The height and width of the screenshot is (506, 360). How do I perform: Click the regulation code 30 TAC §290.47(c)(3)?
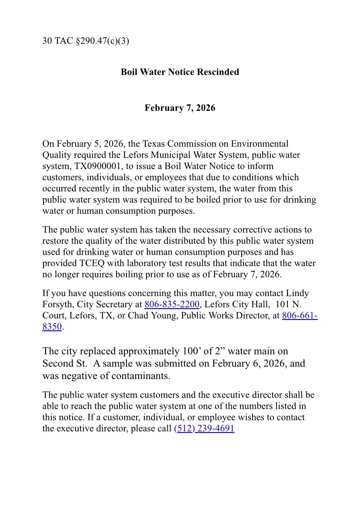(86, 41)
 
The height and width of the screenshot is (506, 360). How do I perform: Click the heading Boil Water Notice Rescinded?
(180, 72)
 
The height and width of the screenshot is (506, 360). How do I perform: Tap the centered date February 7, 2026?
(180, 108)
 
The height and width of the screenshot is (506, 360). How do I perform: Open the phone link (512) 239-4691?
(204, 429)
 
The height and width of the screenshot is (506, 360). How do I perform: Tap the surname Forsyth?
(58, 304)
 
